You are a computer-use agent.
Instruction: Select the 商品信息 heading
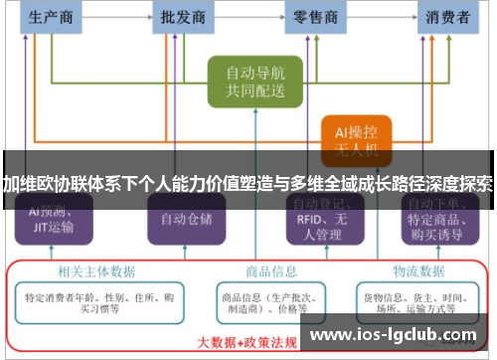[271, 270]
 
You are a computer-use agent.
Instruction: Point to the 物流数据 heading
[416, 270]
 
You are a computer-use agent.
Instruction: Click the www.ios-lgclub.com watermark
[397, 336]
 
